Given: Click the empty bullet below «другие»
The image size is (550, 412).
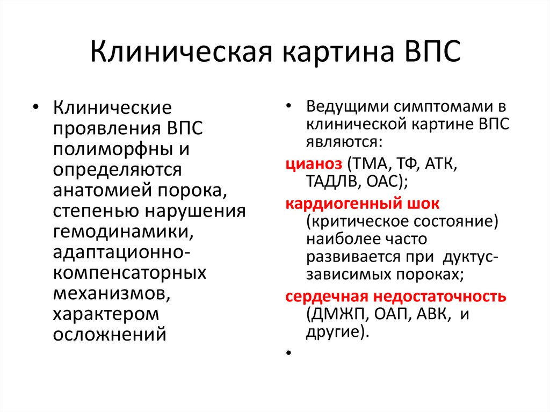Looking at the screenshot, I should pos(289,354).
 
